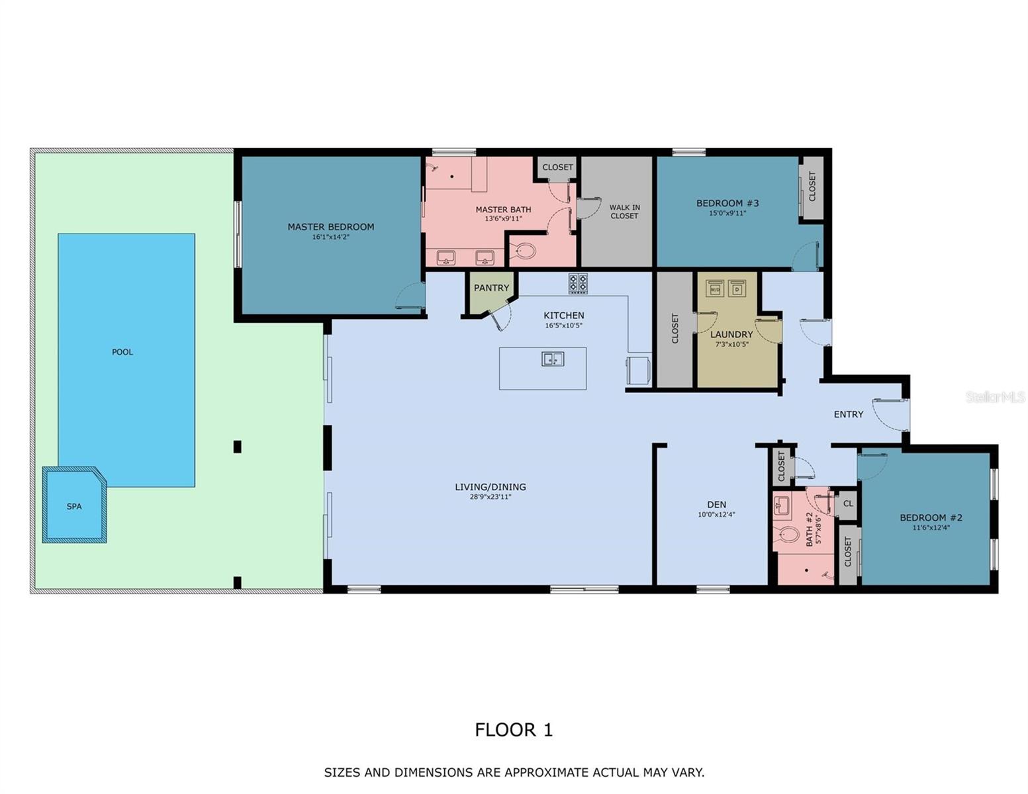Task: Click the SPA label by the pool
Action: (x=74, y=506)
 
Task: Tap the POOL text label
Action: (x=122, y=352)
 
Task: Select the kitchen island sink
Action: (x=553, y=359)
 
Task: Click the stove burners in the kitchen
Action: (x=578, y=283)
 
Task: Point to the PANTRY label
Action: (x=491, y=288)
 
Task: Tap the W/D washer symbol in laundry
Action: (x=715, y=289)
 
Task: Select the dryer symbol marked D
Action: (x=737, y=288)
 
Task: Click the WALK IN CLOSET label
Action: (x=624, y=212)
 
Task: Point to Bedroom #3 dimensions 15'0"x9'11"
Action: (x=727, y=213)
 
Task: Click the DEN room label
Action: (x=716, y=505)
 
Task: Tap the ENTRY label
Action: (x=848, y=414)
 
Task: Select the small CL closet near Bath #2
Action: (x=848, y=504)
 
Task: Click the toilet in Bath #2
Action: (x=788, y=534)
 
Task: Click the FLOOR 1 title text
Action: (x=514, y=730)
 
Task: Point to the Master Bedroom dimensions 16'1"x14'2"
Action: (x=330, y=236)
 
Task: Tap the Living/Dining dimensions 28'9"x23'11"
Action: (x=490, y=497)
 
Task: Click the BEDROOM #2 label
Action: (x=931, y=517)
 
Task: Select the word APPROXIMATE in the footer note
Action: (x=545, y=772)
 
